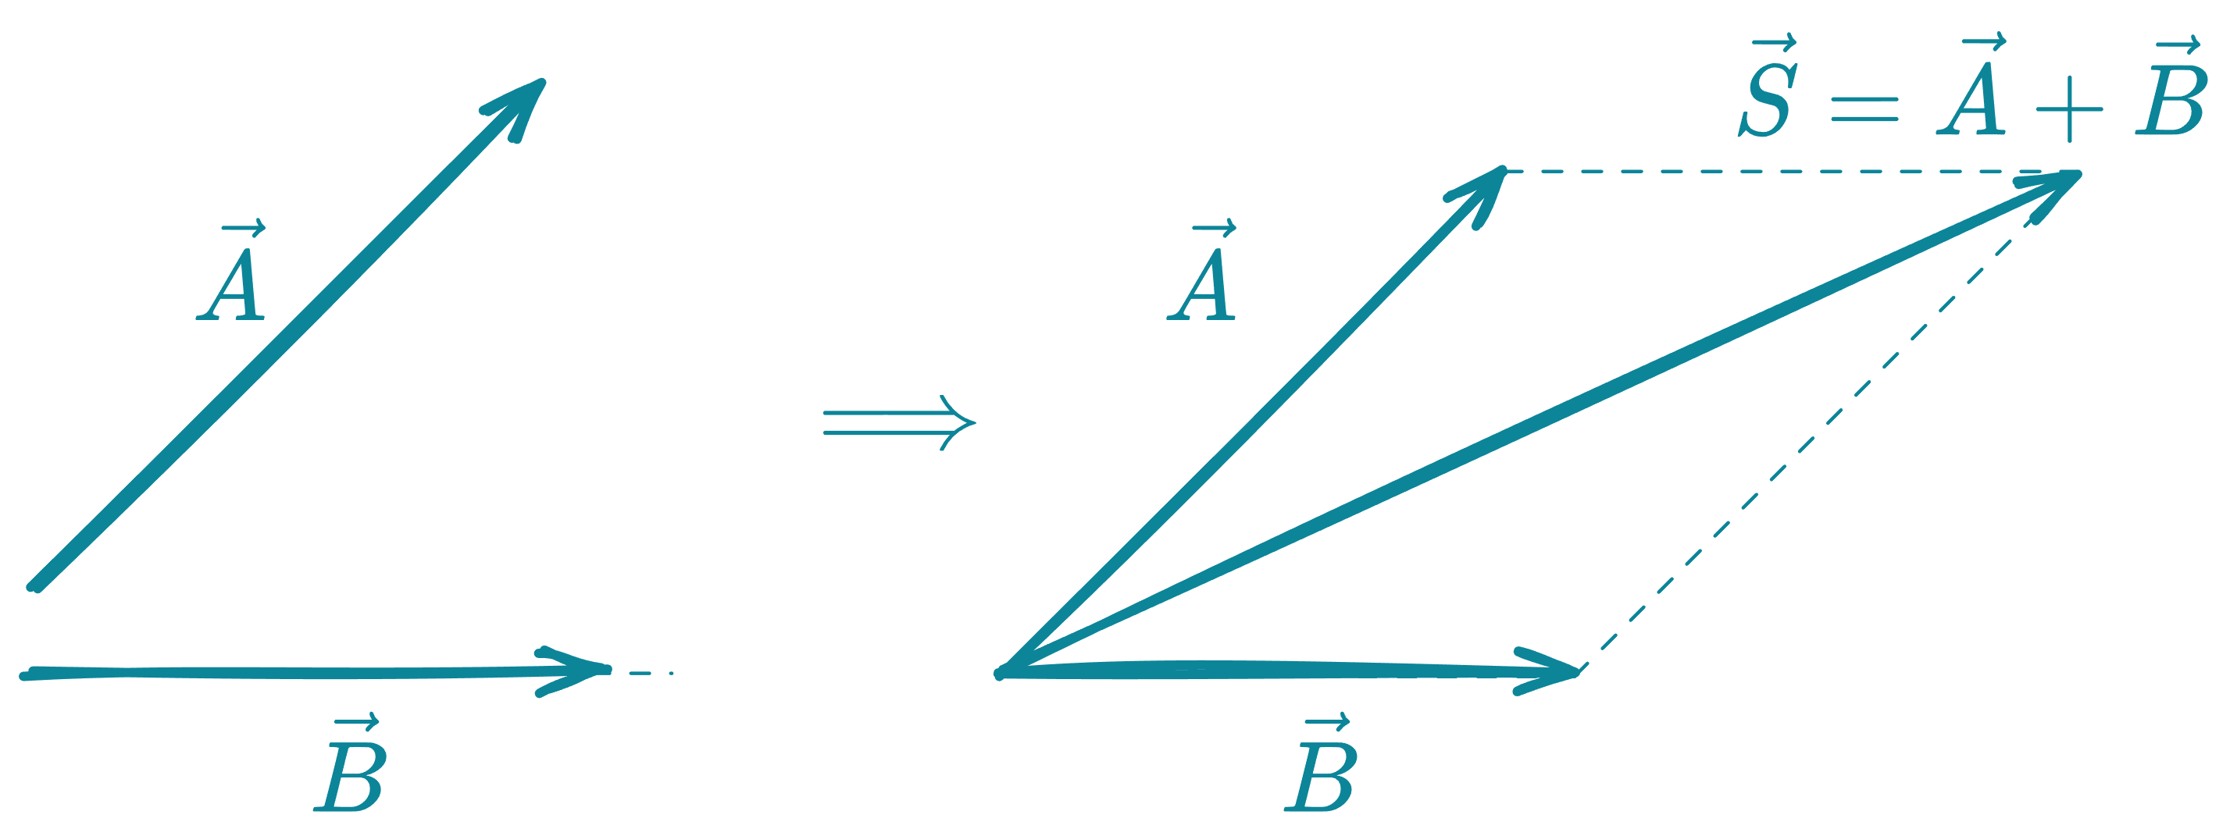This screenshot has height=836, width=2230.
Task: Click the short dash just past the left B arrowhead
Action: tap(649, 671)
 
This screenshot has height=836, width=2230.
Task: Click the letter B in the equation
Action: tap(2168, 100)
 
